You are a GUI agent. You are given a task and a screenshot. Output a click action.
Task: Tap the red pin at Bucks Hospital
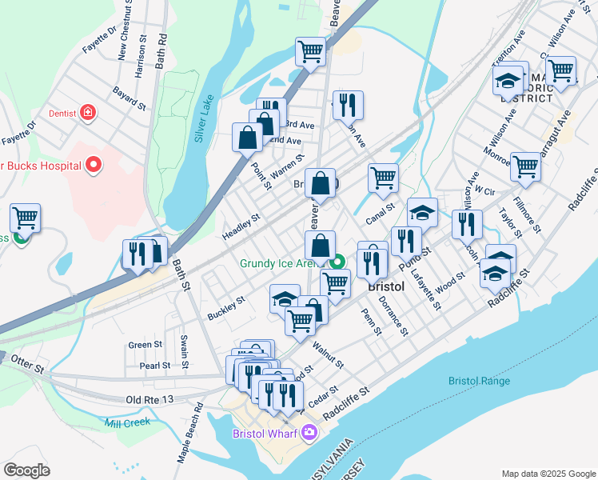coord(94,166)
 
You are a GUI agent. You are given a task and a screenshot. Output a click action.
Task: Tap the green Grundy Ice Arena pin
coord(338,262)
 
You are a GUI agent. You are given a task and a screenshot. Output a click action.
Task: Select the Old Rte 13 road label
coord(148,398)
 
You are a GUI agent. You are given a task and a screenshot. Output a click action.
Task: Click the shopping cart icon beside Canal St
coord(383,178)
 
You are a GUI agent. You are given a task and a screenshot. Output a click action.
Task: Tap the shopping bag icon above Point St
coord(246,138)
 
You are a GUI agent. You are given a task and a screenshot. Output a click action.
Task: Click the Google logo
coord(27,470)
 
